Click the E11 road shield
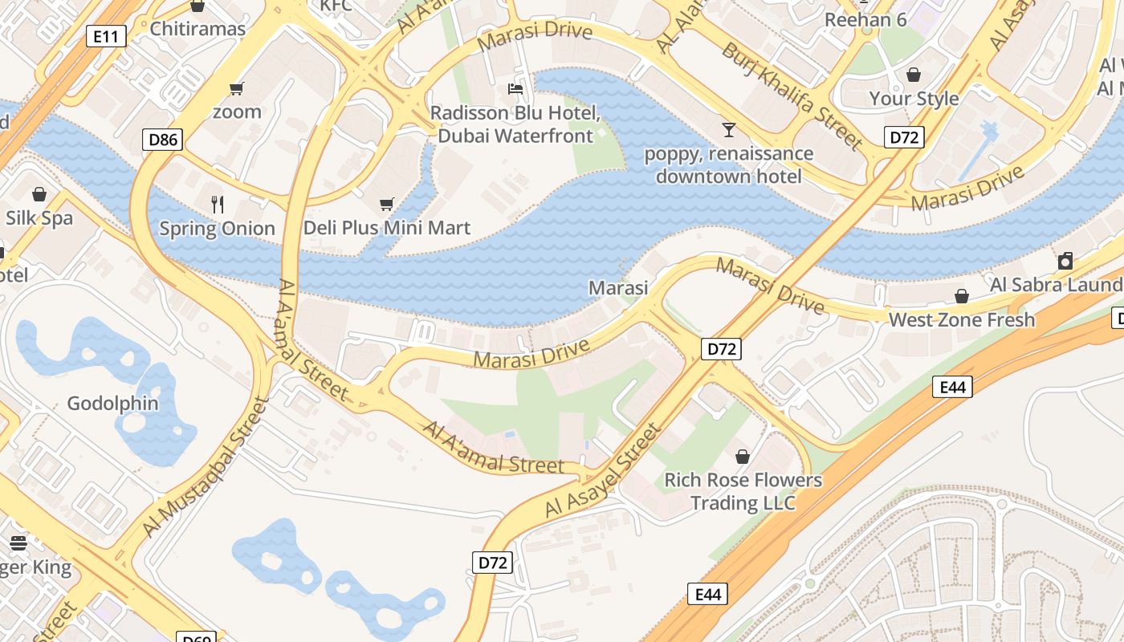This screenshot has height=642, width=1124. [x=106, y=35]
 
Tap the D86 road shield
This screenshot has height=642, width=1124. [x=164, y=140]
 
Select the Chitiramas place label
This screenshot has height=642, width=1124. [x=198, y=29]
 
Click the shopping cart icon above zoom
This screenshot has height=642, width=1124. [x=236, y=88]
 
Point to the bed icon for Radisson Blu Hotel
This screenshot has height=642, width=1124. [x=515, y=88]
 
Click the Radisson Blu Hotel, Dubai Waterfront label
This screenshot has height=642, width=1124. [x=515, y=124]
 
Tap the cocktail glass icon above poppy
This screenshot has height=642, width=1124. [x=728, y=129]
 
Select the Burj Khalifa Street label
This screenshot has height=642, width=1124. [x=791, y=95]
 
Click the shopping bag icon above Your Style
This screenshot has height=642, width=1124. [x=914, y=75]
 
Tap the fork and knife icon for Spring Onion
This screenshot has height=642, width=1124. [x=217, y=204]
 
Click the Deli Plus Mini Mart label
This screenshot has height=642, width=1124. [x=386, y=228]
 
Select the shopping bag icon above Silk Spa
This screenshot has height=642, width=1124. [x=39, y=194]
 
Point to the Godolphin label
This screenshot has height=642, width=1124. [x=112, y=403]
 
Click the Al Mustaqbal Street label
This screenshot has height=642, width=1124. [x=205, y=467]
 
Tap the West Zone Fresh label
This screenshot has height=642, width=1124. [x=961, y=319]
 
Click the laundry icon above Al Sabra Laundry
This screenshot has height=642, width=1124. [x=1065, y=261]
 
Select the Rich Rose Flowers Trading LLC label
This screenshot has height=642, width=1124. [x=743, y=492]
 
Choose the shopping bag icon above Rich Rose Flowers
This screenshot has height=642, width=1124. [x=743, y=457]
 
